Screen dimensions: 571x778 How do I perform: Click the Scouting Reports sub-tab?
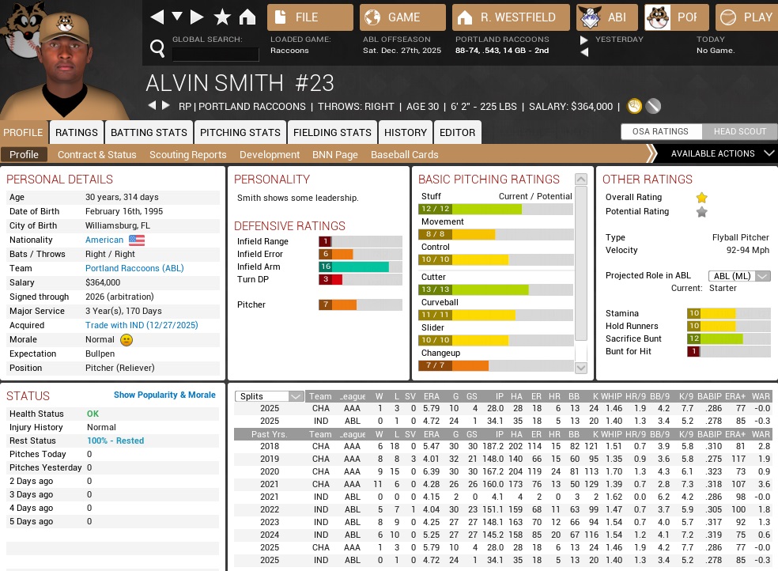pos(187,155)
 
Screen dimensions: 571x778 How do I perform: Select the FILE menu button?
pos(310,17)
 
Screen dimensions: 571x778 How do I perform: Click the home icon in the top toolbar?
pos(247,17)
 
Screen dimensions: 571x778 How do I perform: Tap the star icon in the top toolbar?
pos(222,17)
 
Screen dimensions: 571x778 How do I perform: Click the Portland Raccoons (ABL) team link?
pos(134,268)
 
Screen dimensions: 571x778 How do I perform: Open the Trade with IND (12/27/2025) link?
pos(142,325)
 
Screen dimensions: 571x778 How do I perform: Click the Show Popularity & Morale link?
pos(164,395)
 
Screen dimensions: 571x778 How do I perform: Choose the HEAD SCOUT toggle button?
pos(740,131)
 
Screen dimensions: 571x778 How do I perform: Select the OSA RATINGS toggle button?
pos(660,131)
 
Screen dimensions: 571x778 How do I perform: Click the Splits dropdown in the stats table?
pos(270,396)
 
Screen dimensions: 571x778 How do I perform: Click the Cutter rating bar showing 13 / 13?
pos(496,289)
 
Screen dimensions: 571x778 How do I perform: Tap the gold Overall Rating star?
pos(701,198)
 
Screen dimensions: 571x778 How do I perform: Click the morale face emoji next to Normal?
pos(127,339)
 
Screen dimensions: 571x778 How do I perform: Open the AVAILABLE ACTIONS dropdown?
pos(716,153)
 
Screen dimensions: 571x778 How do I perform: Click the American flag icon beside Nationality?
pos(137,240)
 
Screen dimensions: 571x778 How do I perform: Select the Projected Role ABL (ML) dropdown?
pos(739,275)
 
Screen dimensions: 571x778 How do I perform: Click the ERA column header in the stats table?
pos(430,396)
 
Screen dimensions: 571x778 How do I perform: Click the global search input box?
pos(215,54)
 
